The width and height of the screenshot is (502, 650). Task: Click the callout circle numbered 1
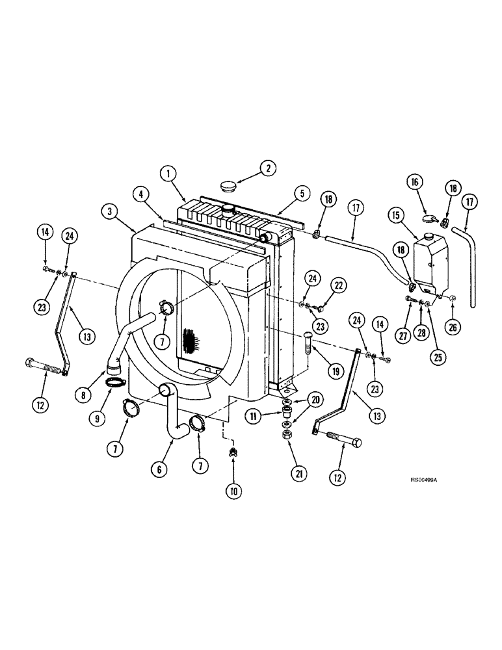(x=169, y=173)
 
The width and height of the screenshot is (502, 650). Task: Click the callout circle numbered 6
(x=161, y=467)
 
